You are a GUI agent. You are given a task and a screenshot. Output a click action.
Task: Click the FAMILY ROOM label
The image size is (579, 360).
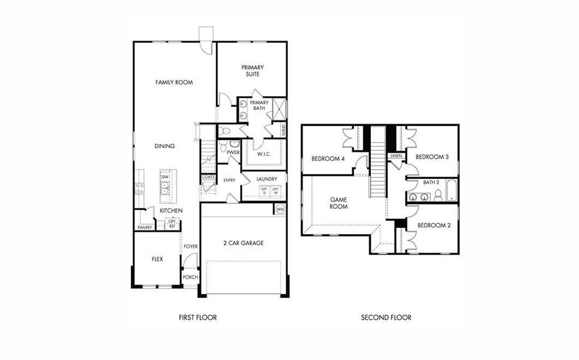coord(174,82)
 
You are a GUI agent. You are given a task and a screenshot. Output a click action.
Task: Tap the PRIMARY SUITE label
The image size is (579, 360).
coord(253,71)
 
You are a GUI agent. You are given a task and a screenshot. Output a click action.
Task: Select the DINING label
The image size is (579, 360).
coord(164,146)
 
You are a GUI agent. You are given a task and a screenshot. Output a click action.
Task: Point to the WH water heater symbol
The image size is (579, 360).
coord(280,209)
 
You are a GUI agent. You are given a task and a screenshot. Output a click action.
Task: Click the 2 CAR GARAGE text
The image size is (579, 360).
coord(244,243)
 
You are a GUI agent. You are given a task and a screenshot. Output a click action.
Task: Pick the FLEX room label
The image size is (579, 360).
coord(157,259)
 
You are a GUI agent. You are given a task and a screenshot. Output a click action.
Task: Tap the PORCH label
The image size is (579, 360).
coord(190,277)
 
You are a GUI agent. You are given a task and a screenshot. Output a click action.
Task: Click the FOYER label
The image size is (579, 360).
coord(191,247)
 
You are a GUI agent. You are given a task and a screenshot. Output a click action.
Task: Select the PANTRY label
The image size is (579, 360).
coord(145,227)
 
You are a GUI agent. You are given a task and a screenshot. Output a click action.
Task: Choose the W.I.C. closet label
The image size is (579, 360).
coord(264,154)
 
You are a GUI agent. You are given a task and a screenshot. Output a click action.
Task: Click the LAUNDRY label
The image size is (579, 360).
coord(266,179)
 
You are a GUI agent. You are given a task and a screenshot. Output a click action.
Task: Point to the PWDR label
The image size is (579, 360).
coord(233,152)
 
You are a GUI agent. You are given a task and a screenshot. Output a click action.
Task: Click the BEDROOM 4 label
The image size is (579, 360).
coord(328,159)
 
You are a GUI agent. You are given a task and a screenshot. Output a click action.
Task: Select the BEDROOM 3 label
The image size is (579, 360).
coord(433,157)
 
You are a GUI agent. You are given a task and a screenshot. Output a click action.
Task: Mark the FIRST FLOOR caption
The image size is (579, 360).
coord(197,317)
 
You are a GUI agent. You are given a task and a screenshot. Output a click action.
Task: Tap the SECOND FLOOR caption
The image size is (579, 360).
coord(386,317)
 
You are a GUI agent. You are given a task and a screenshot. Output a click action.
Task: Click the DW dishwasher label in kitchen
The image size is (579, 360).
coord(164,177)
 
